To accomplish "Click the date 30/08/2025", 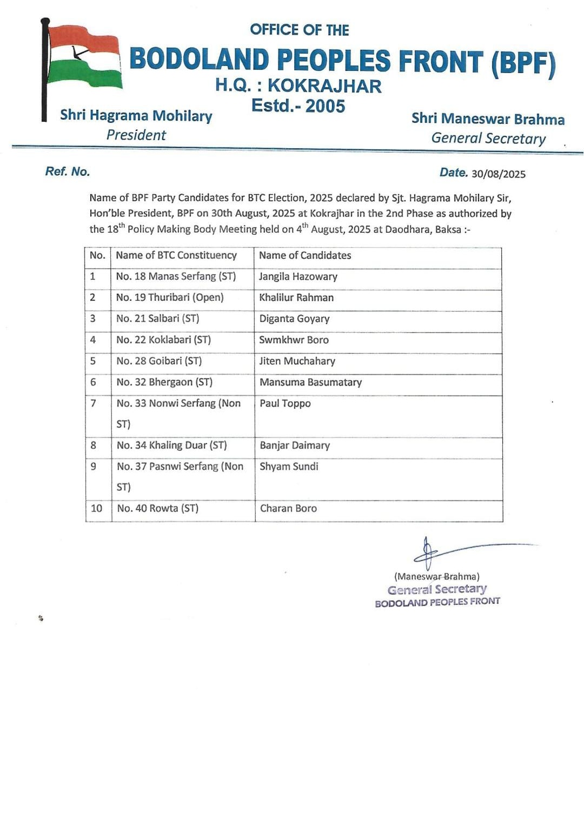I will (x=498, y=174).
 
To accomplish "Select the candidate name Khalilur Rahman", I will (x=296, y=298).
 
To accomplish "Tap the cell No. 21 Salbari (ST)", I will (x=157, y=319).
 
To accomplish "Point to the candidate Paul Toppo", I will (x=285, y=404).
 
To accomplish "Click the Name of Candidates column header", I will (x=305, y=255).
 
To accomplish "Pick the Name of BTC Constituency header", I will (x=176, y=255).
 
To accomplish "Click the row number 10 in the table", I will (x=96, y=509).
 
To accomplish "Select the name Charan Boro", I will (x=288, y=509).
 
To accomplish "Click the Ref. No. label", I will (x=68, y=172).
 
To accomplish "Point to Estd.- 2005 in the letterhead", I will (x=298, y=106).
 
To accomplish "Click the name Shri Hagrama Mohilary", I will (x=136, y=116).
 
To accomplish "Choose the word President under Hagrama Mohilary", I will (x=136, y=135).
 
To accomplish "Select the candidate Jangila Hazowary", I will (x=298, y=277).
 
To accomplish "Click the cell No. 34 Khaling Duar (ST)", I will (x=171, y=445).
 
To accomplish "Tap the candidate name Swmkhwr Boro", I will (x=294, y=340).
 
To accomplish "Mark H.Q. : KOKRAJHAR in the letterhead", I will (x=298, y=85).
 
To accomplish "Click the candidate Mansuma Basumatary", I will (x=310, y=383).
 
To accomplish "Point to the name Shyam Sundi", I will (x=289, y=466).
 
